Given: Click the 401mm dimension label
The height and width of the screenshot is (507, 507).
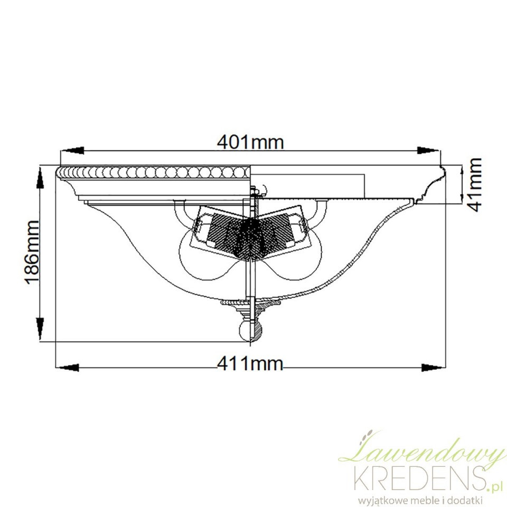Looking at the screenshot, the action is (x=250, y=142).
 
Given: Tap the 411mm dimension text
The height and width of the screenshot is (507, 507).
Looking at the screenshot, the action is (x=250, y=364).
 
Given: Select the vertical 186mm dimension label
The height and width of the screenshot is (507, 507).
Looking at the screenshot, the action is (x=32, y=252).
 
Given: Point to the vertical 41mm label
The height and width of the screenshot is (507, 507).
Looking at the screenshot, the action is (x=475, y=185).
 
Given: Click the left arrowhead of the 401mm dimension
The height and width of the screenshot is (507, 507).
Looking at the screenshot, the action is (x=72, y=151).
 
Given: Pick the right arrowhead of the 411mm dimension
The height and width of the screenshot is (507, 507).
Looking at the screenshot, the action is (x=432, y=368).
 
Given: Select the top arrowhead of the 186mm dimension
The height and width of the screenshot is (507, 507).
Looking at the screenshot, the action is (x=40, y=178).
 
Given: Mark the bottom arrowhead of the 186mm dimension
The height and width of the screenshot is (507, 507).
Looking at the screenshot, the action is (x=40, y=329).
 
